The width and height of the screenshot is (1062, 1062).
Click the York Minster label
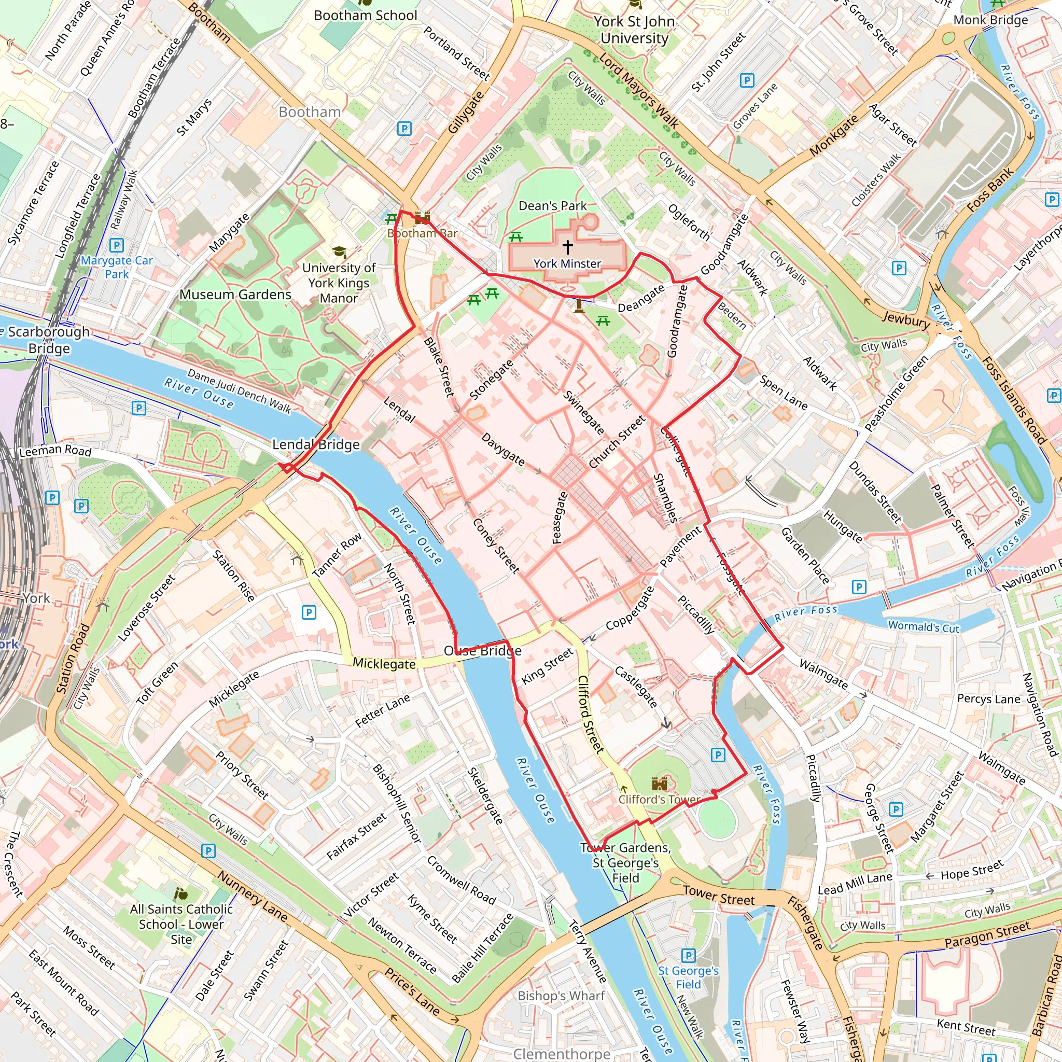coord(567,263)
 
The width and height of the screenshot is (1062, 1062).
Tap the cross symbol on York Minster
coord(567,247)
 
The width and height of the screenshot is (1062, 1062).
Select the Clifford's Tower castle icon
coord(659,784)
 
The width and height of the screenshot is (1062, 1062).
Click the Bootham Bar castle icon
coord(422,218)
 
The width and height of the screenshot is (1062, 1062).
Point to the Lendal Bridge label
coord(316,444)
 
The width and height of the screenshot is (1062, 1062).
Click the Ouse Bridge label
coord(483,651)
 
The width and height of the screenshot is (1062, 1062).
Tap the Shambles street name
coord(665,497)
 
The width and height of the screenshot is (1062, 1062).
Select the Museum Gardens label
coord(235,295)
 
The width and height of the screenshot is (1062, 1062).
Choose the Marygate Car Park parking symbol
coord(117,245)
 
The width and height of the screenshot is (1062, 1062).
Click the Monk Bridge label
coord(990,20)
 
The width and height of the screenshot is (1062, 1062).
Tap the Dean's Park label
coord(552,205)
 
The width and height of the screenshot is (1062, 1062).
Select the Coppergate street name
coord(630,608)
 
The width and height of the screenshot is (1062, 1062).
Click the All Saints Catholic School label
coord(181,924)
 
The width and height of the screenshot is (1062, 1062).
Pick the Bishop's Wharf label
coord(561,996)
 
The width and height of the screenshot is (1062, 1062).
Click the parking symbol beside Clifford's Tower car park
coord(718,754)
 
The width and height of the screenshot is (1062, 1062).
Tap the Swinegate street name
coord(584,413)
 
